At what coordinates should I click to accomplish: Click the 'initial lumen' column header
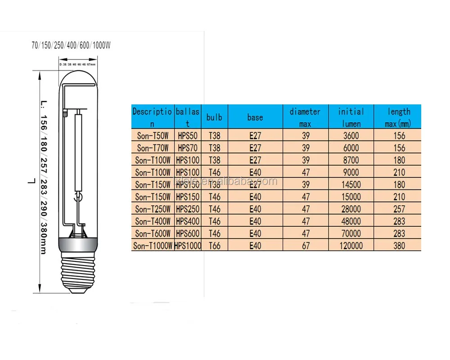tap(351, 117)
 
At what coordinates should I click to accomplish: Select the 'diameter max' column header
tap(306, 117)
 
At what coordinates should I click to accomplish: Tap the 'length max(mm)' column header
tap(398, 117)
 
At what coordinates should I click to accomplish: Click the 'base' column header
tap(255, 117)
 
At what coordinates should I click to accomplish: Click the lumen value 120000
tap(351, 246)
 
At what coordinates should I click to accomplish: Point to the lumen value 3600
tap(351, 135)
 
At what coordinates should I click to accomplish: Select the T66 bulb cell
tap(214, 246)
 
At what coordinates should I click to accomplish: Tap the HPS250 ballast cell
tap(188, 209)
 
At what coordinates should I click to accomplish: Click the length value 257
tap(398, 209)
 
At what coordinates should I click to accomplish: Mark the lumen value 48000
tap(351, 221)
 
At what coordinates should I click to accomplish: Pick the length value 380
tap(398, 246)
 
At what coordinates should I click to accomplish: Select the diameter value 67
tap(306, 246)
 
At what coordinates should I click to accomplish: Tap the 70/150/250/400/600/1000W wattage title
tap(71, 45)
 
